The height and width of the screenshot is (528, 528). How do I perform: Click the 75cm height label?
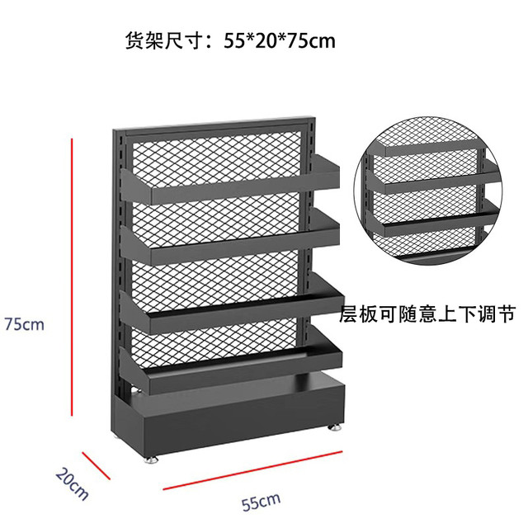point(24,324)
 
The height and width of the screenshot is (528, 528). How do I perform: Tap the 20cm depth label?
point(72,484)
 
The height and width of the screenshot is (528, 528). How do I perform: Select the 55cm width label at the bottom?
point(261,502)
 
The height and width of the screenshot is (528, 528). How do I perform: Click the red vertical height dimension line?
point(72,277)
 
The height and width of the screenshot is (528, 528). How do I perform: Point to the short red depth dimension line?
point(97,465)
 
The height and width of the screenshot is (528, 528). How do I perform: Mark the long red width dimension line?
point(252,470)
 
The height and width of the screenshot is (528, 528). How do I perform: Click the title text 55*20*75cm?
point(280,41)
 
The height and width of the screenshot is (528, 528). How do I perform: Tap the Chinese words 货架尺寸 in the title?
point(164,41)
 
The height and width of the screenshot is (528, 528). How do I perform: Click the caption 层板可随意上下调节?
point(427,313)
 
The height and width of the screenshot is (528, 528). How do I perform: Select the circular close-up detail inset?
point(428,191)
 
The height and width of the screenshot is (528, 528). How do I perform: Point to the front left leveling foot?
point(152,459)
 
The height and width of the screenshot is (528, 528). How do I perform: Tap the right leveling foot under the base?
point(334,427)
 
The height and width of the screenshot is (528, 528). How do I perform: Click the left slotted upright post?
point(118,270)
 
